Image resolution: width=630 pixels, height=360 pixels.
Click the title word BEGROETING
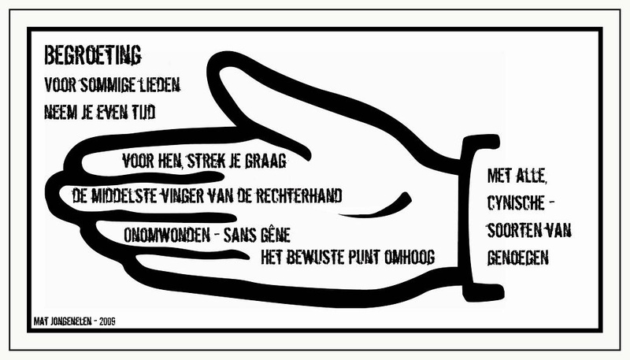click(x=93, y=55)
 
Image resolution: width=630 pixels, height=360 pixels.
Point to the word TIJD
click(x=143, y=112)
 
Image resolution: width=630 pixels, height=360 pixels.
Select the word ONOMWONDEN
click(x=167, y=235)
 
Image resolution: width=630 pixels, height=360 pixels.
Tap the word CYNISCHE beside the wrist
click(x=516, y=203)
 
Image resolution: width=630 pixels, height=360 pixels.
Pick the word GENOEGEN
click(x=518, y=258)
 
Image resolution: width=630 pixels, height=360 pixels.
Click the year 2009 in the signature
click(x=107, y=321)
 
